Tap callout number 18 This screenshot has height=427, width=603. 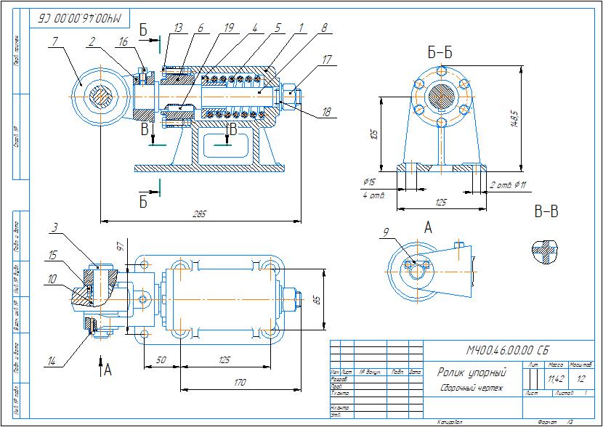tap(326, 113)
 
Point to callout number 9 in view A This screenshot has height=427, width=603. tap(385, 233)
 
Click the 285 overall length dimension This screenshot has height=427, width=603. tap(199, 213)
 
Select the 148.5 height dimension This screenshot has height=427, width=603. tap(514, 119)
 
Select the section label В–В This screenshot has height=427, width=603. tap(546, 212)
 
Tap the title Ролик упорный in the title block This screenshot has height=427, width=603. tap(472, 373)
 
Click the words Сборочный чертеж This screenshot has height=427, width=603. tap(469, 388)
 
